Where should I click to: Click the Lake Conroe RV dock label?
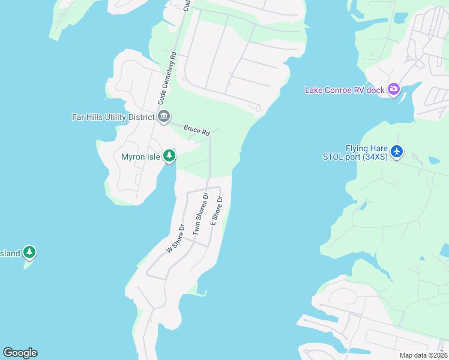[344, 90]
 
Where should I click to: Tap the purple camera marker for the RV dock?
[394, 89]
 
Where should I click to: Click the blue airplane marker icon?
[396, 151]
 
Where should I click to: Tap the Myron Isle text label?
[140, 157]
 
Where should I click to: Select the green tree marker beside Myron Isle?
[169, 156]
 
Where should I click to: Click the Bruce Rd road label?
[196, 130]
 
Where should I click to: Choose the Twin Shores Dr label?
[200, 213]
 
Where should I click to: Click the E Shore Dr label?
[216, 211]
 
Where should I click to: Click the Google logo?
[20, 353]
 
